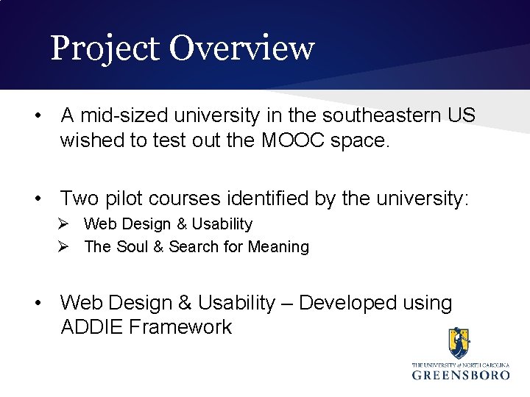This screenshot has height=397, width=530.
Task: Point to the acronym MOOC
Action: [284, 140]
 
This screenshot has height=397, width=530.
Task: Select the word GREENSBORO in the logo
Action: [460, 374]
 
